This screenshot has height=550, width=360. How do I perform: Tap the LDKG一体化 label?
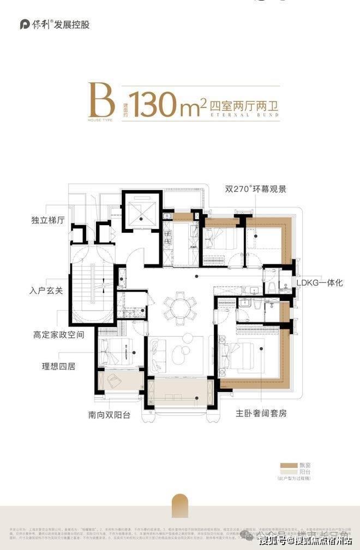pyautogui.click(x=325, y=282)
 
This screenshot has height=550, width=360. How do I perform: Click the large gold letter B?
pyautogui.click(x=101, y=101)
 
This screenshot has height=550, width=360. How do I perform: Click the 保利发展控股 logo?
pyautogui.click(x=55, y=24)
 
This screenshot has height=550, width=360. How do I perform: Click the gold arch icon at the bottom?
pyautogui.click(x=179, y=506)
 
